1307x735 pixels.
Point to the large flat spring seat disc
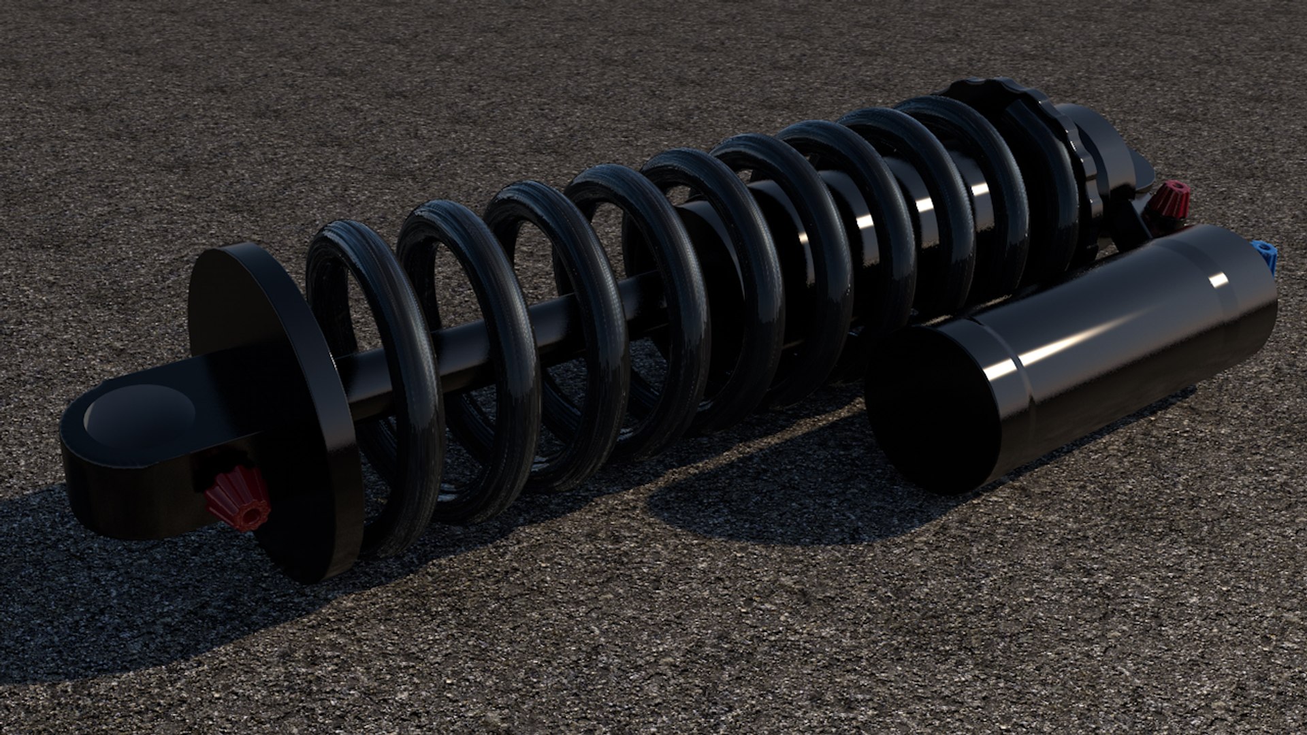pos(272,408)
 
